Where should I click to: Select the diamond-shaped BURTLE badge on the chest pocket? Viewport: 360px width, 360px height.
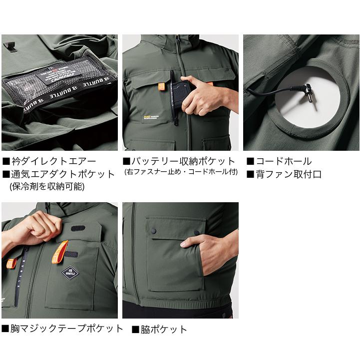click(70, 273)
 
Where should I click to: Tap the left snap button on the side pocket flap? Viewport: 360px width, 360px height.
click(154, 230)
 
